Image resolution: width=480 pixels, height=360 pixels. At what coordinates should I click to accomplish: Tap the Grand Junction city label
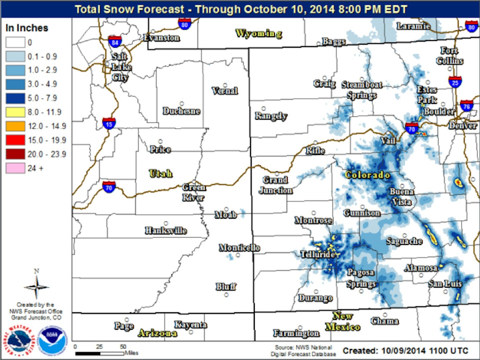pos(276,185)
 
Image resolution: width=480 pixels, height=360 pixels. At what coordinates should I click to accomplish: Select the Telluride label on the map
pos(317,254)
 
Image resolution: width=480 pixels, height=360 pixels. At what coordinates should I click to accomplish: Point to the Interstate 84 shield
pos(115,42)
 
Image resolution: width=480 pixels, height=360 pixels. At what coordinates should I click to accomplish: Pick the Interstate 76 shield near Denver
pos(466,106)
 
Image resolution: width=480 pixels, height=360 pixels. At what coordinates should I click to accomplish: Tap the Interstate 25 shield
pos(455,82)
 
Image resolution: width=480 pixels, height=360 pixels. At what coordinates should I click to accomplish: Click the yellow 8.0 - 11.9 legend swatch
pos(15,112)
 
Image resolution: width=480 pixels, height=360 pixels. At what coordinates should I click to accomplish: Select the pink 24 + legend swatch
pos(15,168)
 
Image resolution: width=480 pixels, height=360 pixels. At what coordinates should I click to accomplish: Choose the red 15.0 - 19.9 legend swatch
pos(15,140)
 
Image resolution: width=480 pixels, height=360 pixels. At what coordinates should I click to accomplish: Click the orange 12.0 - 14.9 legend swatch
pos(15,126)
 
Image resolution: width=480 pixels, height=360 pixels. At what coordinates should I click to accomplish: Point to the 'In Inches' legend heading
pos(27,28)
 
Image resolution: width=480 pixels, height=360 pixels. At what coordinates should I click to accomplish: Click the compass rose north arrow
pos(36,286)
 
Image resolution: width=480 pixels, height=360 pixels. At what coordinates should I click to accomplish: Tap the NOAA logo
pos(52,340)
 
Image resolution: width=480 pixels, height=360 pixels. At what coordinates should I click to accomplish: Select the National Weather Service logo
pos(19,340)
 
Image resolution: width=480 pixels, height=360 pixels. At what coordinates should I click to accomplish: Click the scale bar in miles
pos(100,353)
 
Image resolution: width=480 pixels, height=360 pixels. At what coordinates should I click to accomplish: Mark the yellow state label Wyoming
pos(259,33)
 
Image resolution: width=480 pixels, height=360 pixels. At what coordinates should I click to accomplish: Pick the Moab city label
pos(225,215)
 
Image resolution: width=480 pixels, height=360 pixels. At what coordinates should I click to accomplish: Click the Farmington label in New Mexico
pos(296,333)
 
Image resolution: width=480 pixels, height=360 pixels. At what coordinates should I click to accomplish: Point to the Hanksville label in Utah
pos(166,230)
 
